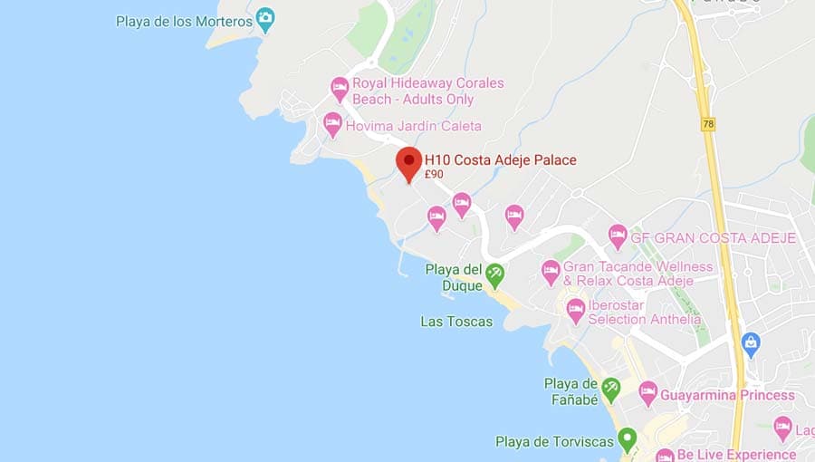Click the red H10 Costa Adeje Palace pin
point(409,163)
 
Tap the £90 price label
point(434,175)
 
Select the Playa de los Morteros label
point(185,21)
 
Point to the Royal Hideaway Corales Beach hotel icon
point(340,88)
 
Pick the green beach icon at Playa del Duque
point(494,272)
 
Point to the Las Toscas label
point(456,322)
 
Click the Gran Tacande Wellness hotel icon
point(551,270)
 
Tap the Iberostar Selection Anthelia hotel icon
point(576,310)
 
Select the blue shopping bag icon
point(750,343)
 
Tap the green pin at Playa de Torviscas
point(627,440)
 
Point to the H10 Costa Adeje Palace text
point(501,160)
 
